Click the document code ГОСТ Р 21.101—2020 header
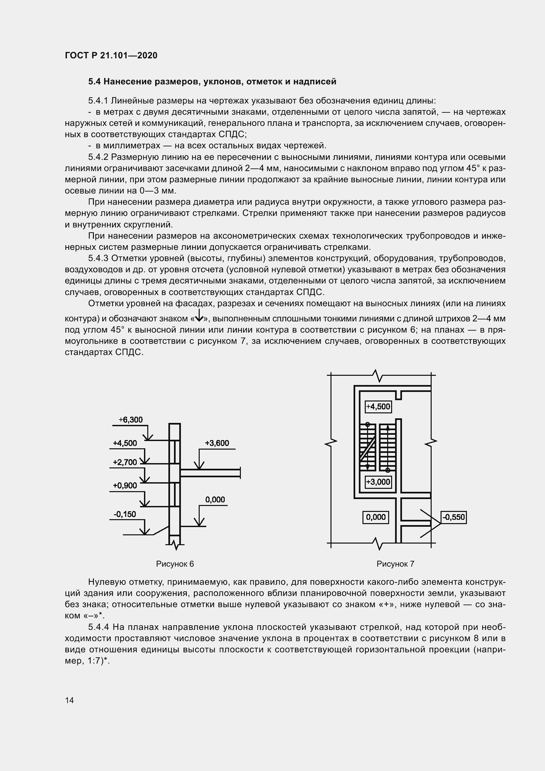click(x=111, y=55)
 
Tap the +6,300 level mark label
click(x=130, y=420)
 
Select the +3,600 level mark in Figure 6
click(x=217, y=443)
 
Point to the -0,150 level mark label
click(x=125, y=514)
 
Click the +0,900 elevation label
click(x=125, y=485)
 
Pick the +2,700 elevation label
click(x=125, y=462)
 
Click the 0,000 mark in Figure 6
click(x=215, y=499)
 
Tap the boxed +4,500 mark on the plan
click(x=378, y=407)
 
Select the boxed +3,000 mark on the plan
click(x=378, y=482)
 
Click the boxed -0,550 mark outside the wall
click(x=454, y=517)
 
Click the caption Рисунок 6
click(x=175, y=564)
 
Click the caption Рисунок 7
click(x=395, y=564)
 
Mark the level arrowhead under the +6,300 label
click(x=148, y=437)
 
